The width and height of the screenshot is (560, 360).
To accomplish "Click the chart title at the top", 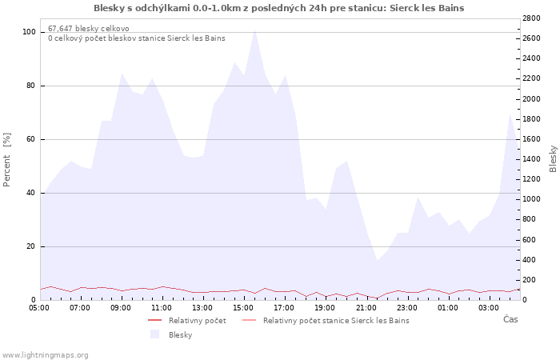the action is (279, 8).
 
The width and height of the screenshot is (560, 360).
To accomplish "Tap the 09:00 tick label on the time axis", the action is (120, 308).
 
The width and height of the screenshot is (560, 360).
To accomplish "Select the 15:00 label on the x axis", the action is (243, 308).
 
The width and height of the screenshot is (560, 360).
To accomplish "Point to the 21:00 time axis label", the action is (366, 308).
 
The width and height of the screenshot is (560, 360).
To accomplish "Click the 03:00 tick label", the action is (489, 308).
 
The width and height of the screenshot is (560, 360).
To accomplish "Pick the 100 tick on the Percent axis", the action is (29, 32).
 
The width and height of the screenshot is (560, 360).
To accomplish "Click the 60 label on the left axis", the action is (30, 139).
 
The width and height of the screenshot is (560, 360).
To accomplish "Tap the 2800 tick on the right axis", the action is (531, 18).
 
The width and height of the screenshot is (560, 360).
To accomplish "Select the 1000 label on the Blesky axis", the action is (531, 199).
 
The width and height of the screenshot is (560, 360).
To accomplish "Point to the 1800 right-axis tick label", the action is (531, 119).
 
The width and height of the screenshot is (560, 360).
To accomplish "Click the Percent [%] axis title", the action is (6, 160).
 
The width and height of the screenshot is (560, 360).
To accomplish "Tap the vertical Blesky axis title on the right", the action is (553, 159).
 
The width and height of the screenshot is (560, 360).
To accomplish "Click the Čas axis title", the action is (510, 319).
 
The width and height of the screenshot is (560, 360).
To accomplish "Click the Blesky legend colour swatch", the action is (154, 334).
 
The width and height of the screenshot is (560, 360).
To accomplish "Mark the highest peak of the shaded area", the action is (254, 30).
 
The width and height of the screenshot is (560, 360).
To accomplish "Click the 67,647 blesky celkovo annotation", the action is (89, 29).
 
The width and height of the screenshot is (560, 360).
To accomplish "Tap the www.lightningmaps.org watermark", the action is (45, 355).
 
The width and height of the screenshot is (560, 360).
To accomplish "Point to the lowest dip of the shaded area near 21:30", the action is (377, 260).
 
